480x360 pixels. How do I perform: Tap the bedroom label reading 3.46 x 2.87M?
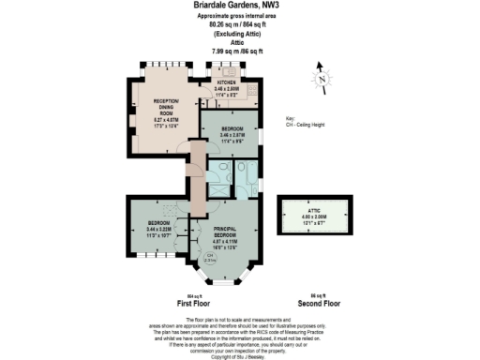point(232,132)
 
